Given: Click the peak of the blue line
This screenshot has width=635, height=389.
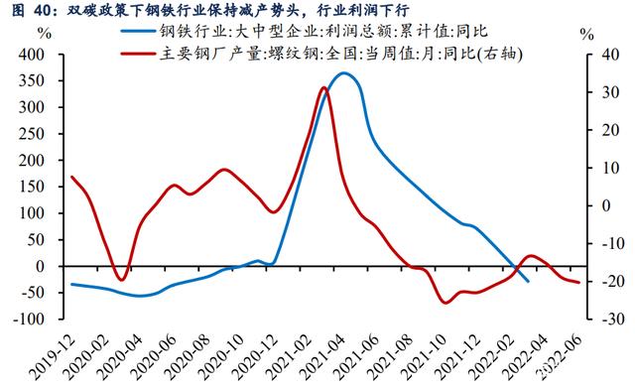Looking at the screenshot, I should click(x=344, y=72).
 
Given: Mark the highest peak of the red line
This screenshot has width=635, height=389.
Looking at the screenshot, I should click(x=324, y=88).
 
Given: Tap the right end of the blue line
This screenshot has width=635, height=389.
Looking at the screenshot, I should click(x=528, y=282).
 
